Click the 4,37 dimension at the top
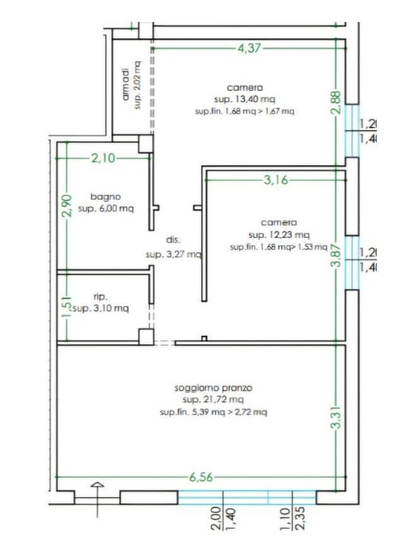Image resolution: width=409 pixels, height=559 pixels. pyautogui.click(x=249, y=48)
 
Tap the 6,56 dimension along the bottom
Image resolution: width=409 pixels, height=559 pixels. pyautogui.click(x=201, y=477)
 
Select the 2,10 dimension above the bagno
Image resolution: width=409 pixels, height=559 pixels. pyautogui.click(x=103, y=158)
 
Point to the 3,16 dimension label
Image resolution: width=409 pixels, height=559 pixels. pyautogui.click(x=275, y=180)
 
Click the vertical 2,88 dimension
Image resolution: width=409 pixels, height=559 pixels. pyautogui.click(x=336, y=102)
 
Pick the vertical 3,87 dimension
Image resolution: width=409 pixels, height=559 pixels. pyautogui.click(x=336, y=256)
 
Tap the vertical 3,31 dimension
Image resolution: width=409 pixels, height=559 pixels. pyautogui.click(x=336, y=418)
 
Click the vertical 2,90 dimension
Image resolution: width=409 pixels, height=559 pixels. pyautogui.click(x=67, y=205)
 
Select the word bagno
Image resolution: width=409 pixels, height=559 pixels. pyautogui.click(x=105, y=197)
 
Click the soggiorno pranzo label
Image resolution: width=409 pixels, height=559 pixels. pyautogui.click(x=213, y=388)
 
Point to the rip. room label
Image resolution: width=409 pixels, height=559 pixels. pyautogui.click(x=100, y=297)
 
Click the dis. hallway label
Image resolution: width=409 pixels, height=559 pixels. pyautogui.click(x=173, y=240)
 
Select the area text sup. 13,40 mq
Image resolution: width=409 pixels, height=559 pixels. pyautogui.click(x=245, y=99)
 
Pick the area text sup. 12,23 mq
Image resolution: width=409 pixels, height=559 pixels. pyautogui.click(x=279, y=235)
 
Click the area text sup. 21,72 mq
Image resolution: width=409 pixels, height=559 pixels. pyautogui.click(x=213, y=399)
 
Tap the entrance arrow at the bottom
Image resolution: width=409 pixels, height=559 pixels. pyautogui.click(x=98, y=499)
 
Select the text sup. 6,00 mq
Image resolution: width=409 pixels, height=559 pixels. pyautogui.click(x=106, y=209)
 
